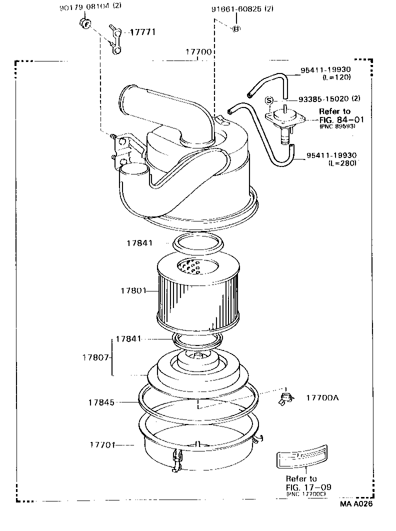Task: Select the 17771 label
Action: point(142,32)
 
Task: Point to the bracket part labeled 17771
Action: point(117,39)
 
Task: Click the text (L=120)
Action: point(336,77)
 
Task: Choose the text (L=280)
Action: point(342,163)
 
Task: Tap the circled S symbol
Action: point(269,99)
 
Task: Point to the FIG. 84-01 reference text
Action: point(337,119)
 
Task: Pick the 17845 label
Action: point(101,402)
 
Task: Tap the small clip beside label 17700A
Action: point(285,398)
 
